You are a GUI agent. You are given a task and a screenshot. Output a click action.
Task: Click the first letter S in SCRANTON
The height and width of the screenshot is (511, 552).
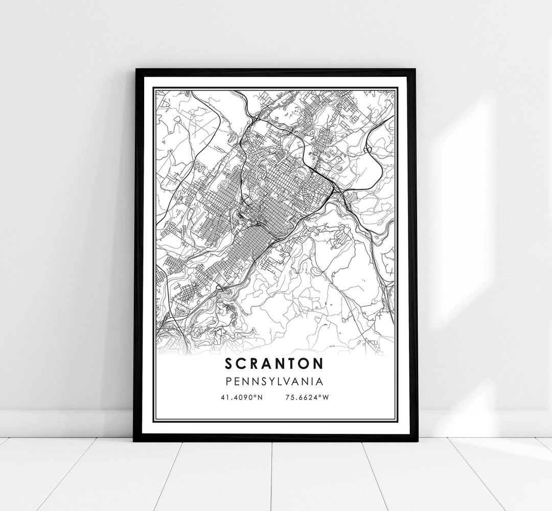pyautogui.click(x=228, y=363)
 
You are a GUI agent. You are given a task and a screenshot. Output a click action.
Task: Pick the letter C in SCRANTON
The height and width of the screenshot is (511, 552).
pyautogui.click(x=241, y=363)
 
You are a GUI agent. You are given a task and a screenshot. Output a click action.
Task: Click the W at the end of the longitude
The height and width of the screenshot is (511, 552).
pyautogui.click(x=324, y=397)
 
